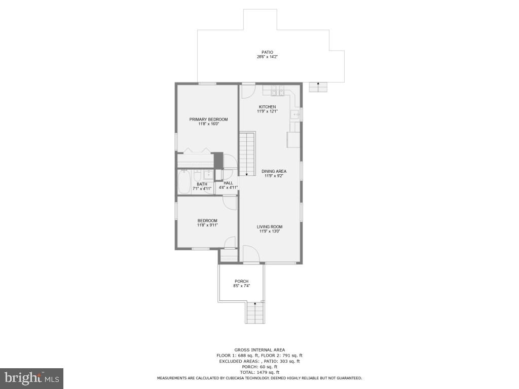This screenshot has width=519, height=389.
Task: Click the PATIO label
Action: coord(267,52)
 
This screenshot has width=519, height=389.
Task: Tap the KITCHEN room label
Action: coord(267,107)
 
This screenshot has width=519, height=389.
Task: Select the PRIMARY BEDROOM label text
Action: coord(208,120)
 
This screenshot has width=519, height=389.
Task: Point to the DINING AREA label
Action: coord(274,171)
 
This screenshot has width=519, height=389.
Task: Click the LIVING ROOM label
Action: coord(269,227)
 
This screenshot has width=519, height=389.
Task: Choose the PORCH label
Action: coord(242,281)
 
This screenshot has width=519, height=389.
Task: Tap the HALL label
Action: coord(228,183)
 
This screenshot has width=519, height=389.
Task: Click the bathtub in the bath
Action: coord(184,182)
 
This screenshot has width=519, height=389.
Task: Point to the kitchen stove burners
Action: coord(278,91)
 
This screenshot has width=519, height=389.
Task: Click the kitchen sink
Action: coord(295,115)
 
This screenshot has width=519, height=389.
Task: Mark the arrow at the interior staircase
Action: coord(246,173)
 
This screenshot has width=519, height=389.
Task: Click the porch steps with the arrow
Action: coord(255,312)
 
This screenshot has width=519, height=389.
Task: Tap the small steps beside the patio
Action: coord(318,87)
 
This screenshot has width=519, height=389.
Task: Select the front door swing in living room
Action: coord(250,254)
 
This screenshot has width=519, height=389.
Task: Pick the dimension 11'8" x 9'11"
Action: coord(207,225)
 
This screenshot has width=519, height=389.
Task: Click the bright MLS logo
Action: coord(31,378)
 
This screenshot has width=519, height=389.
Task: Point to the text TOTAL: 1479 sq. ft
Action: coord(259,372)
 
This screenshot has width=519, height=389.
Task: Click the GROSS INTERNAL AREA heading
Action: coord(259,350)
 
